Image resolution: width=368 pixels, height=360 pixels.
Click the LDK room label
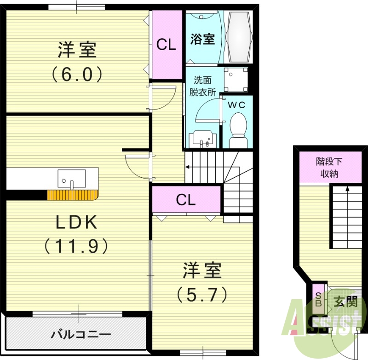[x=76, y=223]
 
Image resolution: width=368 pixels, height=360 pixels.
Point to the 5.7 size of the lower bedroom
[x=202, y=294]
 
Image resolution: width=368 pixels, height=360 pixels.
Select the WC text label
[x=237, y=105]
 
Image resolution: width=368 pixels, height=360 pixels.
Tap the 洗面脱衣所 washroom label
[x=202, y=86]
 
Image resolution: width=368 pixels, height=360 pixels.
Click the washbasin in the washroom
[x=202, y=139]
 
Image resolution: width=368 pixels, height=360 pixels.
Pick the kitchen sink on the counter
[x=72, y=179]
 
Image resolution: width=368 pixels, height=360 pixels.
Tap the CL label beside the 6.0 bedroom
[x=166, y=45]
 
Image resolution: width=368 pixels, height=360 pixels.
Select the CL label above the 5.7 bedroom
[x=186, y=200]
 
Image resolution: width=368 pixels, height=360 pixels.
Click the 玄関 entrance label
[x=345, y=302]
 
